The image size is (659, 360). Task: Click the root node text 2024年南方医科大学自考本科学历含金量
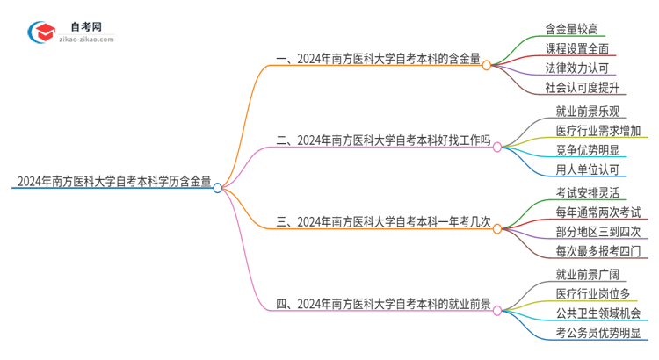coord(112,183)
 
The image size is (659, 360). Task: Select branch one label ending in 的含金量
coord(378,61)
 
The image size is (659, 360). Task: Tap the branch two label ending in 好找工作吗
coord(383,139)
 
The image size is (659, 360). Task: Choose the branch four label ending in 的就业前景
coord(383,305)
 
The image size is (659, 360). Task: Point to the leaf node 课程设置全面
coord(576,48)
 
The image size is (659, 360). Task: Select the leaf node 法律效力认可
coord(576,68)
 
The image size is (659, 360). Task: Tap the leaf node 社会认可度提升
coord(582,87)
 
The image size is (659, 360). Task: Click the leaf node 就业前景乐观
coord(587,112)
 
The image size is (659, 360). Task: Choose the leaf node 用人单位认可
coord(587,169)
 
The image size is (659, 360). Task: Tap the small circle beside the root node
coord(218,187)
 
